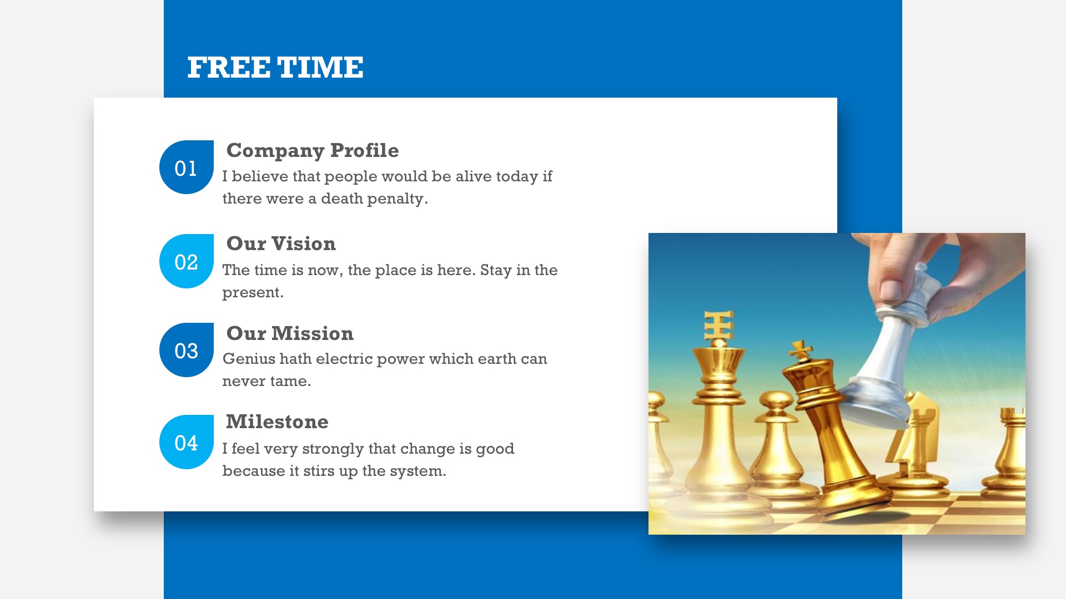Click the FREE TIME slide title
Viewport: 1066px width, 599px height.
coord(275,68)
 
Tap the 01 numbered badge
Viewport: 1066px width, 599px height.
coord(187,167)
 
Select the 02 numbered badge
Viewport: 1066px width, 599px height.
coord(187,261)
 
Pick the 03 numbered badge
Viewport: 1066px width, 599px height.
coord(187,350)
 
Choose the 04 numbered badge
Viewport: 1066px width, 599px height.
coord(187,442)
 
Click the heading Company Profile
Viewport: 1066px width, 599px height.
coord(313,151)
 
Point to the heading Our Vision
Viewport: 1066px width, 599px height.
coord(281,243)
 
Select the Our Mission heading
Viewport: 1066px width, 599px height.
coord(290,333)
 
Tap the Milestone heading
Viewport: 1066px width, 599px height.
coord(277,422)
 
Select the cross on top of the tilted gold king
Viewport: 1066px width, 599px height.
coord(801,351)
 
